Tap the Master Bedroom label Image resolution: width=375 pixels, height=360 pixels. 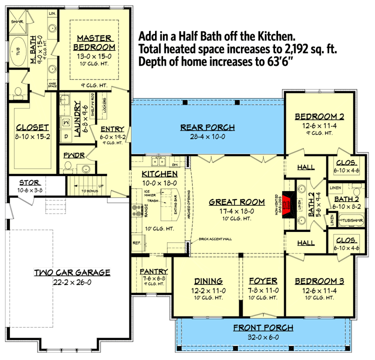coord(96,42)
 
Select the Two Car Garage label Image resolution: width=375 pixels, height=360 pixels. coord(72,272)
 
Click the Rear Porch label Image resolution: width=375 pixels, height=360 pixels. coord(207,127)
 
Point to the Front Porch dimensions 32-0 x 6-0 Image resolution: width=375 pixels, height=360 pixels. coord(263,337)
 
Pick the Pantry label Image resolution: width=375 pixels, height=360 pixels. coord(154,271)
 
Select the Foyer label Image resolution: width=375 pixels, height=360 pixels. coord(263,281)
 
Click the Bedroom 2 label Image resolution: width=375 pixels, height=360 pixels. coord(319,116)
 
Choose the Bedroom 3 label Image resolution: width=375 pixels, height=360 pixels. coord(319,281)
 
